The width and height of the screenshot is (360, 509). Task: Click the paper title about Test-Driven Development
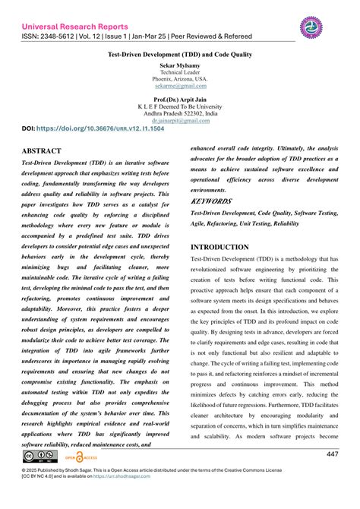click(180, 56)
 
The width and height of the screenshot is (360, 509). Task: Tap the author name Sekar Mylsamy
click(180, 67)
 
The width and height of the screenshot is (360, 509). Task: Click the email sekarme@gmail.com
click(180, 86)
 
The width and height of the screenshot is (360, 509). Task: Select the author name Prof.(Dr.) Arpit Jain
click(180, 99)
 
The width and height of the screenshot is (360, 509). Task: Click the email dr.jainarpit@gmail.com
click(180, 120)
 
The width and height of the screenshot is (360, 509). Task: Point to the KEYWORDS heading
click(210, 201)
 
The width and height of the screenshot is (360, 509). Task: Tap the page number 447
click(333, 454)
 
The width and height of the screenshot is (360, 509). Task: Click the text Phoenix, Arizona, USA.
click(180, 79)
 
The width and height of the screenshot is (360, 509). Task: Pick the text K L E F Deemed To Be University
click(180, 106)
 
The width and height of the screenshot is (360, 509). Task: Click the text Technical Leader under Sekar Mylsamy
click(180, 73)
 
